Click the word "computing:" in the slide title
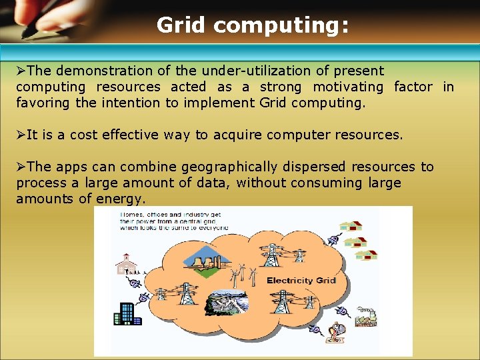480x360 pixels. (x=281, y=26)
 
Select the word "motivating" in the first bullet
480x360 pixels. (x=348, y=87)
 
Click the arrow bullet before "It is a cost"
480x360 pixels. (x=21, y=135)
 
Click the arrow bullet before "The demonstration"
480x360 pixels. (x=21, y=71)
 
